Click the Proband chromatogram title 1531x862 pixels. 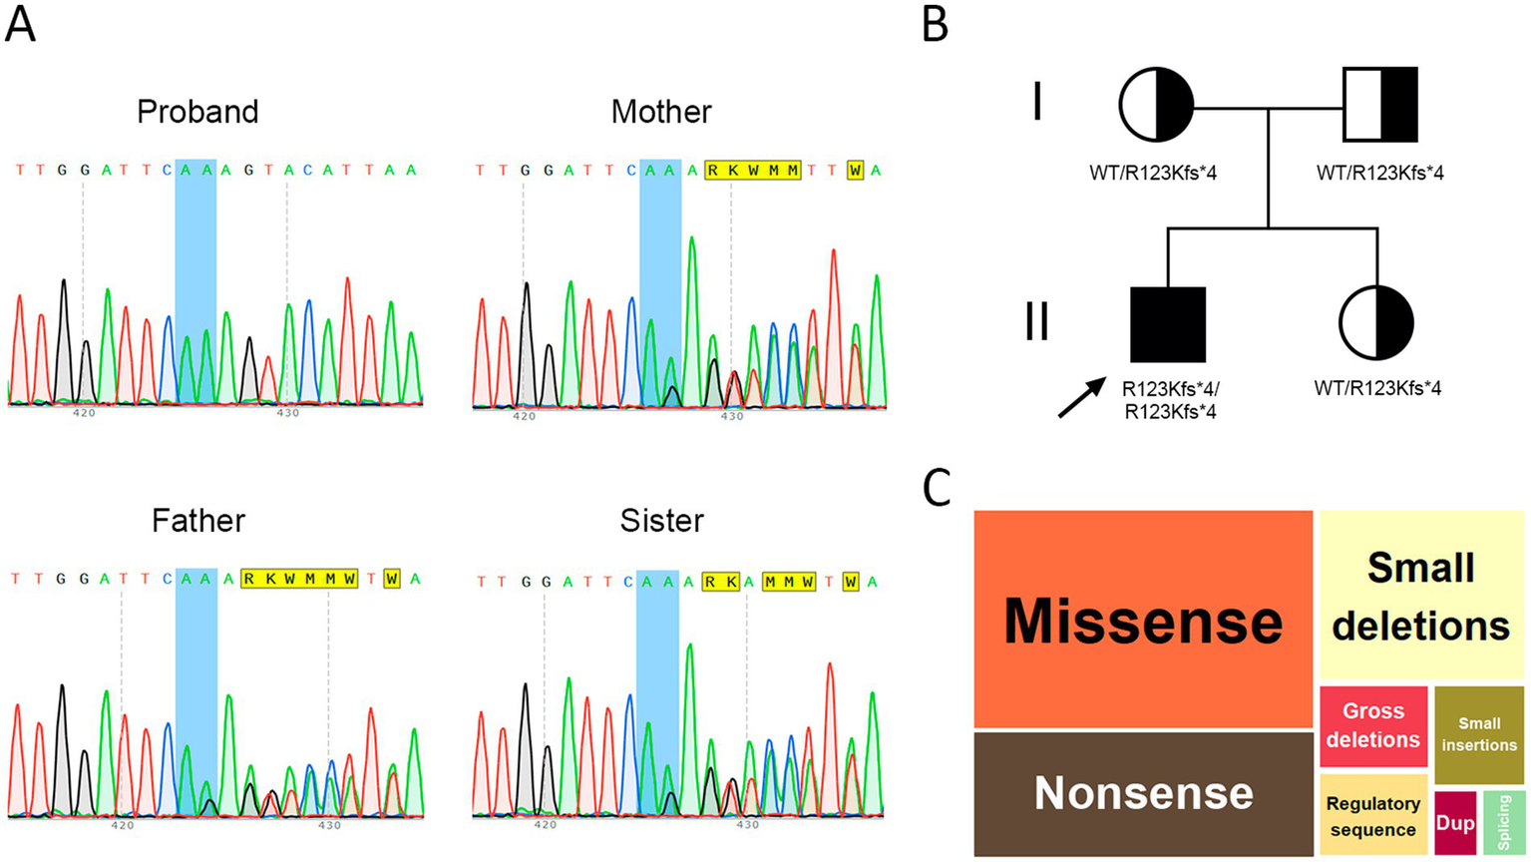(x=197, y=112)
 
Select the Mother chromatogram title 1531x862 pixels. (x=661, y=112)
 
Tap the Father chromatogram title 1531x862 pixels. (x=197, y=521)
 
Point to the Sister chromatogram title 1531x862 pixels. (x=661, y=521)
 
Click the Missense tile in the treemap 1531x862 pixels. (x=1143, y=619)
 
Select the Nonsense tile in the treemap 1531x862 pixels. (x=1143, y=793)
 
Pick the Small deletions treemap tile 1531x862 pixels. (x=1421, y=596)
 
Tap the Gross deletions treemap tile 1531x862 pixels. (x=1373, y=725)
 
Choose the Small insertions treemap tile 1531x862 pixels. (x=1479, y=734)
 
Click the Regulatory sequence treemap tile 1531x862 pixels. (x=1373, y=816)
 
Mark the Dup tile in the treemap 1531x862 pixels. (x=1455, y=823)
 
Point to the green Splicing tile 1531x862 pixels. (x=1504, y=823)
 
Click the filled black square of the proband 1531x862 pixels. (x=1168, y=324)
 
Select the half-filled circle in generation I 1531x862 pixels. (x=1156, y=105)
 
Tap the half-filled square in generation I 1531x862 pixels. (x=1380, y=105)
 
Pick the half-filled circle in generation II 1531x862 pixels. (x=1376, y=323)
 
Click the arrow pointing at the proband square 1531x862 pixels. (x=1082, y=397)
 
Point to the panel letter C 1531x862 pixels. (x=936, y=489)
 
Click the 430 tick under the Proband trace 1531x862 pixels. (x=287, y=412)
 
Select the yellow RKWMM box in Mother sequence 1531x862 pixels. (x=753, y=171)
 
